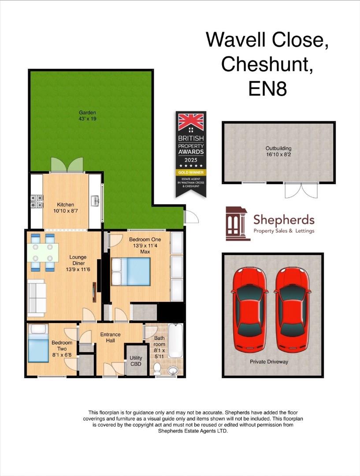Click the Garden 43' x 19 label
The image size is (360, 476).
point(87,115)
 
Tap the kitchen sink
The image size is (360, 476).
point(95,201)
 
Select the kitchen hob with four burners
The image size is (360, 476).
point(37,201)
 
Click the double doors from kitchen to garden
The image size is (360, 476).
point(66,165)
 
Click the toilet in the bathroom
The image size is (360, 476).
point(158,369)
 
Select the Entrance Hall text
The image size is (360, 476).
point(110,338)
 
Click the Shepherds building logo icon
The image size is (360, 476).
point(238,223)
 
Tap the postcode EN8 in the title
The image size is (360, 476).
point(267,89)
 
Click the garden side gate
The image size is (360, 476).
point(191,217)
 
